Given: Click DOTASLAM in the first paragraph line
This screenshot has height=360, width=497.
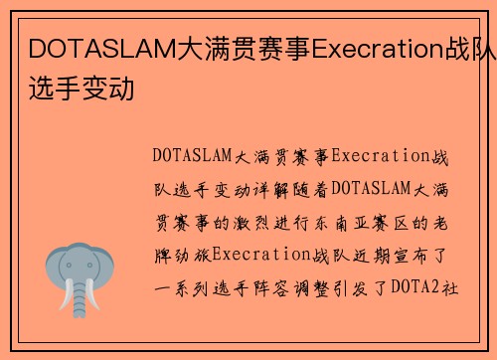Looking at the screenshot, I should pyautogui.click(x=194, y=156).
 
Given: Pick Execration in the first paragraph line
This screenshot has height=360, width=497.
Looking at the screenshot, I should pyautogui.click(x=380, y=156).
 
